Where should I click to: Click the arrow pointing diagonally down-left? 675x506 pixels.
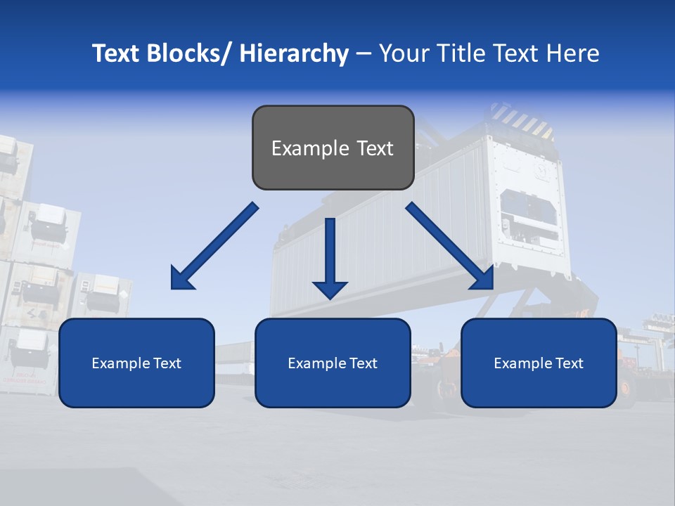[214, 247]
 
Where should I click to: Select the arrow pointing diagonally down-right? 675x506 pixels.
[450, 247]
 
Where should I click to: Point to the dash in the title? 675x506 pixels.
[364, 53]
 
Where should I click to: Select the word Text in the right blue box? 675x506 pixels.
[569, 363]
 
